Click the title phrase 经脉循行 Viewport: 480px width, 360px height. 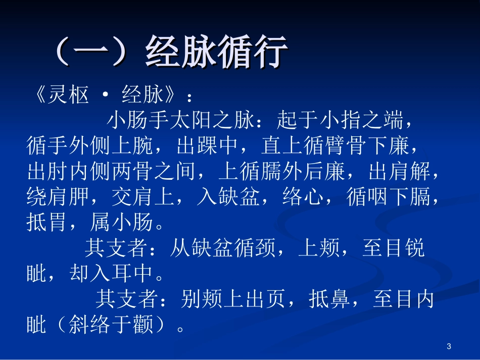217,53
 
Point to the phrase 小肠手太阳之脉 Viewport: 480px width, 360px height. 180,121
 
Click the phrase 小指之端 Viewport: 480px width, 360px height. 361,121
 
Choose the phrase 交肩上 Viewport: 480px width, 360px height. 143,196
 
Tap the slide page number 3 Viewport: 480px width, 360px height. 449,346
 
